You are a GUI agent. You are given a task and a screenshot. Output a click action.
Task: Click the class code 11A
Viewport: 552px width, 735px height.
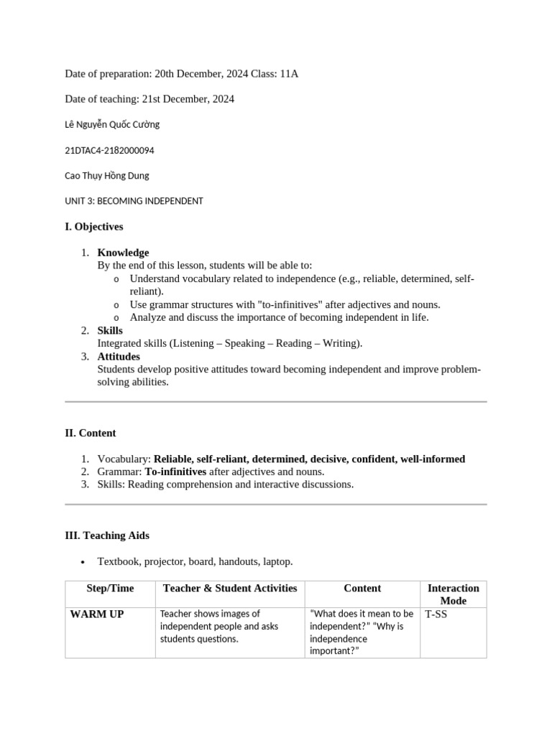288,74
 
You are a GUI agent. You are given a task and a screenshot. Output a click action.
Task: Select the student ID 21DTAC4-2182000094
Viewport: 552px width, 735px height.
109,151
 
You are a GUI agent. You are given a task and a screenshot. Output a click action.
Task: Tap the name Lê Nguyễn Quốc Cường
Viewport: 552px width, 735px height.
112,124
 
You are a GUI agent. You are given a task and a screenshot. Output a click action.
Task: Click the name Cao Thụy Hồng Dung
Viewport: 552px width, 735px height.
107,176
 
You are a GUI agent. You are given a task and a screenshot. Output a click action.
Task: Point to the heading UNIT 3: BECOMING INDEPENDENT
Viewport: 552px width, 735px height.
134,201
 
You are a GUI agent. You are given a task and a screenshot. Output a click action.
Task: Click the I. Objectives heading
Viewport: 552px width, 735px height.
94,227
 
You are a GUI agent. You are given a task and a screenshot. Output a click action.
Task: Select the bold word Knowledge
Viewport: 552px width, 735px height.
123,253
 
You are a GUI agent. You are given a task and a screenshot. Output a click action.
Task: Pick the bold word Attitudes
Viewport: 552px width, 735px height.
119,357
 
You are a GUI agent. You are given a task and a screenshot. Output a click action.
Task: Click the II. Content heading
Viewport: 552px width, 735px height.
91,434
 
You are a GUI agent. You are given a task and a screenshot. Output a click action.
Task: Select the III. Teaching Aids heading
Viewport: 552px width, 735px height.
107,536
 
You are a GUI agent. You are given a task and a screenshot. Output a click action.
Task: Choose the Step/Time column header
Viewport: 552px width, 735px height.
110,589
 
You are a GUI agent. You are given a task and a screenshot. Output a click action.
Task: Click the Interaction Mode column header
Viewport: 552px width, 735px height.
453,594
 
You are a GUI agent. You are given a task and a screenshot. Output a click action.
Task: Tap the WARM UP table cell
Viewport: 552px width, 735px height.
96,615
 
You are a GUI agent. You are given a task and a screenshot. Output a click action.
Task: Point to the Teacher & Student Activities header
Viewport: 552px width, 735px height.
230,589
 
